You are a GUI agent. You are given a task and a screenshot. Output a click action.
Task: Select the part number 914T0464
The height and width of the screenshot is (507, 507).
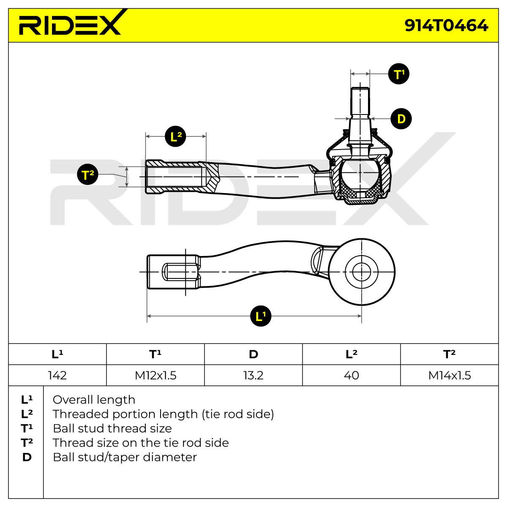(x=446, y=25)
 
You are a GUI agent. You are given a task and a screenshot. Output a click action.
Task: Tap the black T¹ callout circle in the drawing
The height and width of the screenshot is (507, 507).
(x=398, y=74)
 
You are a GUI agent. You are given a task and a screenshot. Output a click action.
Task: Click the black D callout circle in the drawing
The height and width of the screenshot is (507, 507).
(x=401, y=119)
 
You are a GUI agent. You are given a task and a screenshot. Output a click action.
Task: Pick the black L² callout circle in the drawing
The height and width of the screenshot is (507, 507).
(x=175, y=136)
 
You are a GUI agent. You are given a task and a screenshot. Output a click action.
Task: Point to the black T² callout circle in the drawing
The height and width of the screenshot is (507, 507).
(x=87, y=174)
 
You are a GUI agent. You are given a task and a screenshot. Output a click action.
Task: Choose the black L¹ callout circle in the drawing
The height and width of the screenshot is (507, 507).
(x=261, y=316)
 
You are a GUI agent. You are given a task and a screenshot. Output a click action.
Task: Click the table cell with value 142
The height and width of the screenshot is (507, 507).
(x=57, y=375)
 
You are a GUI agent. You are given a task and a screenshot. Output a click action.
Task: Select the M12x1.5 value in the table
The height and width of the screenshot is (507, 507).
(x=155, y=375)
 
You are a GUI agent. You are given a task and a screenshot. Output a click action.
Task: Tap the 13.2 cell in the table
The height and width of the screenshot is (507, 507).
(x=253, y=375)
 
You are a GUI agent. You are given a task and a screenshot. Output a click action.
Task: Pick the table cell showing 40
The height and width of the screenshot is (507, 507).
(x=352, y=375)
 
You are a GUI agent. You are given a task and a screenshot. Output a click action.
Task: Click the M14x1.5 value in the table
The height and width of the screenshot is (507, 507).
(x=450, y=375)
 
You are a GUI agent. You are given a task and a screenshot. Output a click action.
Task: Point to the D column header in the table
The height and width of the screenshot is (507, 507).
(x=253, y=354)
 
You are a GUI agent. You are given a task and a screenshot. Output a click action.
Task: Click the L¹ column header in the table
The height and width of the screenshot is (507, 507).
(x=57, y=354)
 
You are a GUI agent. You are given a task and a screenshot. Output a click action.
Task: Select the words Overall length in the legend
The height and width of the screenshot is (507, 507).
(x=94, y=400)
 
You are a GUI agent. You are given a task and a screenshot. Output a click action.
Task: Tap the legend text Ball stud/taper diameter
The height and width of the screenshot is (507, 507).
(x=125, y=457)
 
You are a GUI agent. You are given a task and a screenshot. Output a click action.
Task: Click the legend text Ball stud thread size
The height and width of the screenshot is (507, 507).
(x=112, y=428)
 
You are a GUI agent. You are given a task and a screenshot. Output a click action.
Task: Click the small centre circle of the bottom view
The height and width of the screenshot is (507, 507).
(x=362, y=272)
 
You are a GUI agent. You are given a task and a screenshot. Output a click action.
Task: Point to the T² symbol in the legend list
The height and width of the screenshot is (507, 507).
(x=27, y=443)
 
